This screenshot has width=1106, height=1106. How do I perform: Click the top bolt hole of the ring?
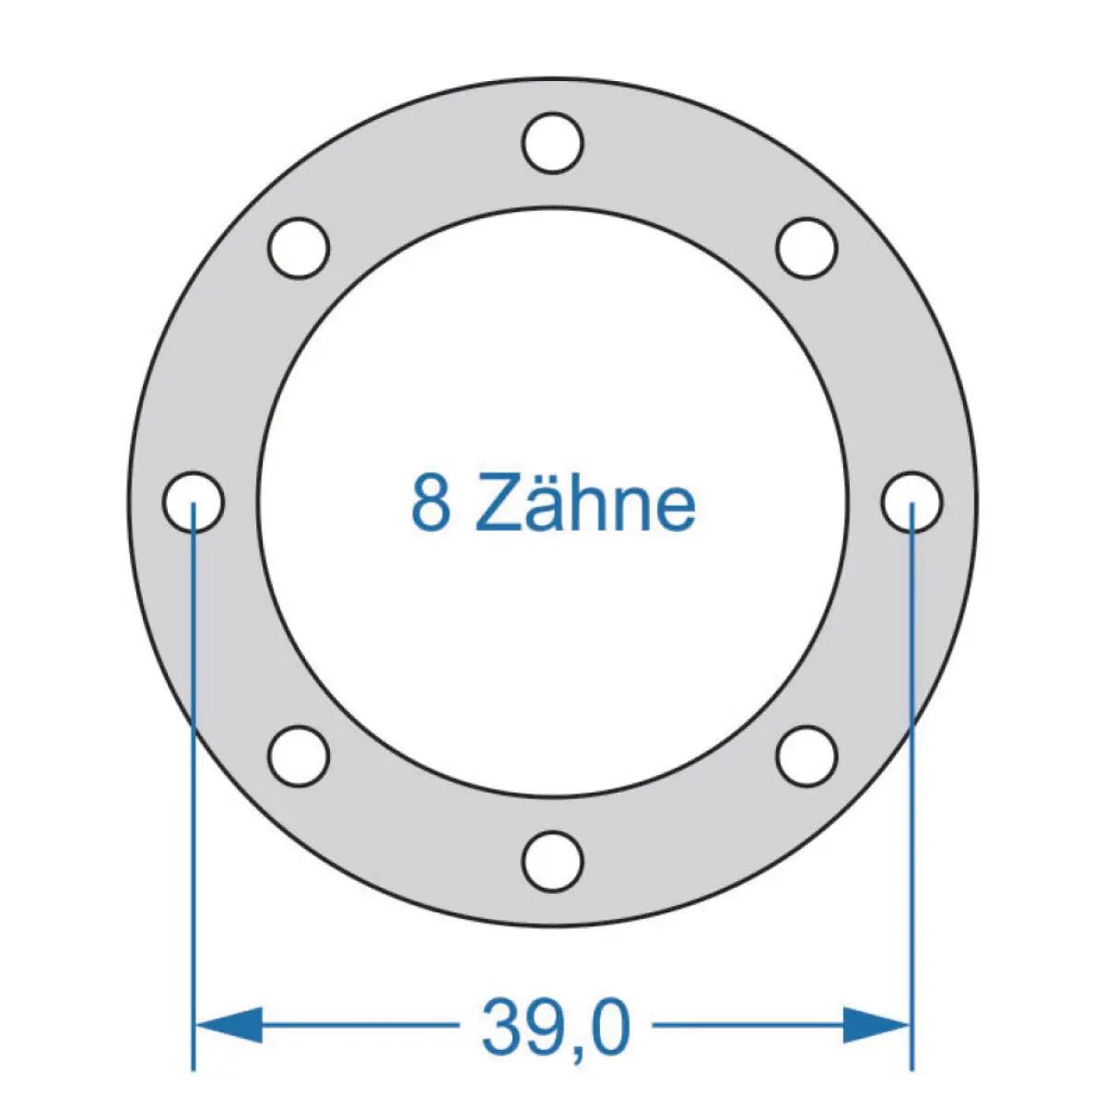(553, 142)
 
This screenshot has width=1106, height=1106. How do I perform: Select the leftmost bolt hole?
(194, 502)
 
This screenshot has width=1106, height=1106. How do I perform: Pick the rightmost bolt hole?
(912, 502)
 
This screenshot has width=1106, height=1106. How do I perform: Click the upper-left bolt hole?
(299, 248)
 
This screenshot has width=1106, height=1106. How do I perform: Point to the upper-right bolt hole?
(807, 248)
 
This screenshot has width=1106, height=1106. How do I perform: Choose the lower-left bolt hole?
(299, 757)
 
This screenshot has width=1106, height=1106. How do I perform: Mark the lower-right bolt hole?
(807, 757)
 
